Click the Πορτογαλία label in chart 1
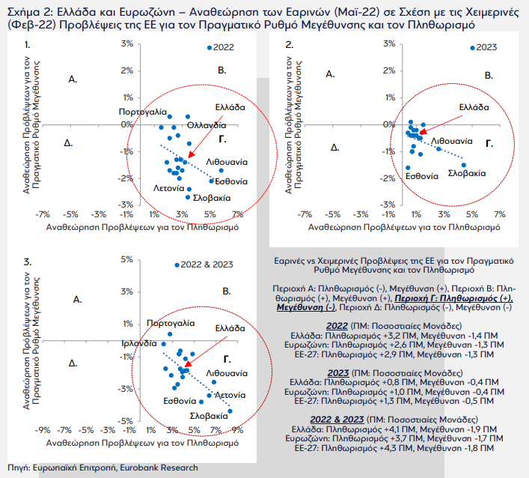point(143,112)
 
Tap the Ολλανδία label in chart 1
point(207,125)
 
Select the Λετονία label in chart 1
point(168,188)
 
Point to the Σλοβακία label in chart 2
point(467,173)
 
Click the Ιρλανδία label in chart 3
point(139,344)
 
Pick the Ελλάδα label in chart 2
point(474,107)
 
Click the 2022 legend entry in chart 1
point(220,47)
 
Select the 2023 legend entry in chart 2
point(483,47)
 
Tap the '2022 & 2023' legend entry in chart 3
point(204,264)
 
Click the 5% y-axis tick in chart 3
point(127,259)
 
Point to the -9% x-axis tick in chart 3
point(43,430)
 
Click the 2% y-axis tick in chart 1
point(127,70)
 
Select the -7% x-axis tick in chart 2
point(305,214)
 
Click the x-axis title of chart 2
point(404,227)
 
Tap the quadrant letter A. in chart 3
point(78,300)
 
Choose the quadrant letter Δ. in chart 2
point(334,148)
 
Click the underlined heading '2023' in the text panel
point(338,373)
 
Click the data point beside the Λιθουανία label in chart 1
point(221,171)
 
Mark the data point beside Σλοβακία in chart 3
point(230,411)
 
